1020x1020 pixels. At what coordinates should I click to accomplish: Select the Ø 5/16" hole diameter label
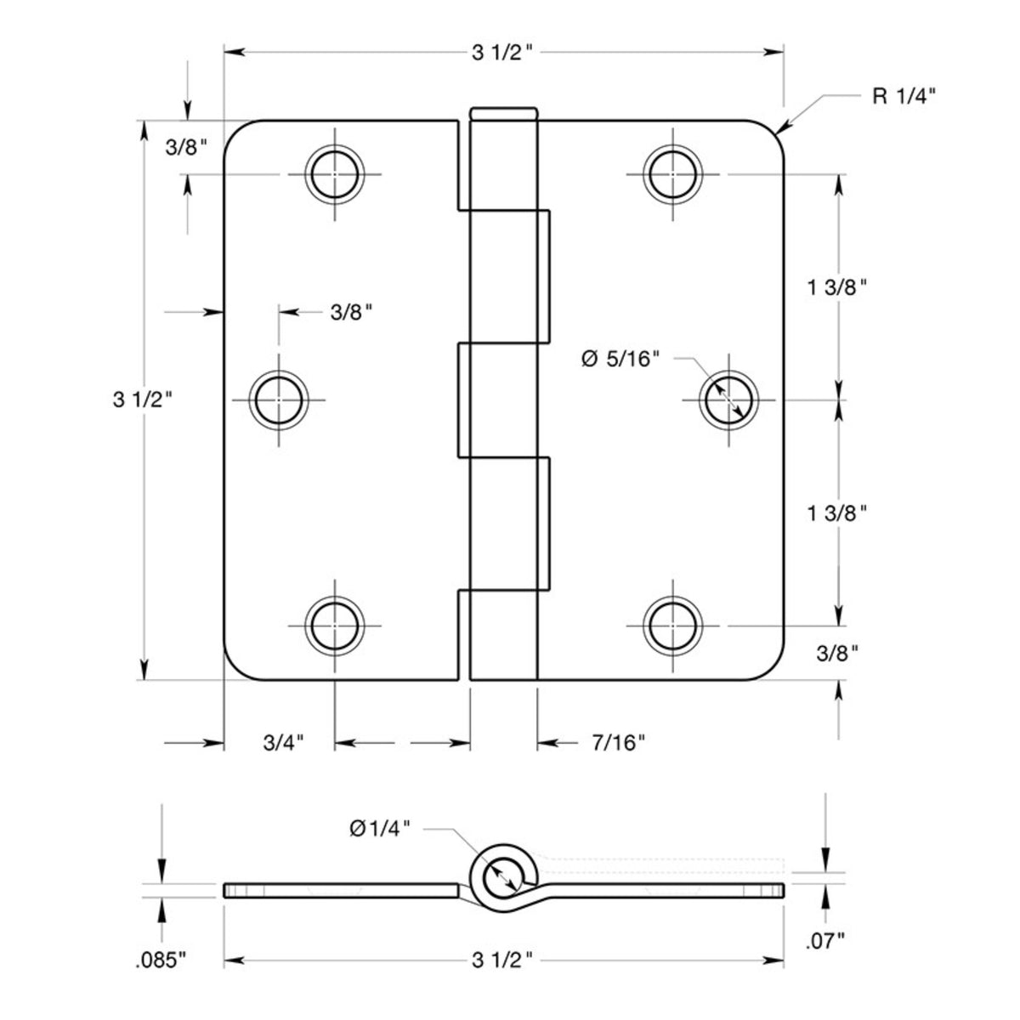tap(620, 359)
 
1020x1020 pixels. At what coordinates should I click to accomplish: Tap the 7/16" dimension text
tap(618, 744)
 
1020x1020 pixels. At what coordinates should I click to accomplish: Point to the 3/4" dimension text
tap(283, 744)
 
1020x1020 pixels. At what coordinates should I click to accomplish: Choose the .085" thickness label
tap(160, 960)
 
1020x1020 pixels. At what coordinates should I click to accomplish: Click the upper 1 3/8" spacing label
tap(837, 287)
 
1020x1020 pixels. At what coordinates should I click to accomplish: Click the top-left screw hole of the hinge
tap(335, 174)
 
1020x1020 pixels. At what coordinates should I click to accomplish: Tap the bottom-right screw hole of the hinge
tap(672, 626)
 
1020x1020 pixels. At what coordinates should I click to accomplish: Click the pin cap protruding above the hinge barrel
tap(503, 113)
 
